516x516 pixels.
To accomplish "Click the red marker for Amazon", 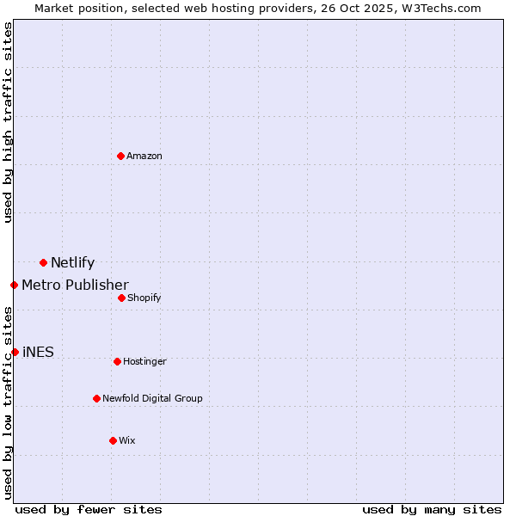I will [x=120, y=156].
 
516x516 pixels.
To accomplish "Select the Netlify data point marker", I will [x=43, y=262].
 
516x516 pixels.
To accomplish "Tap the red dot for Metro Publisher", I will [x=14, y=285].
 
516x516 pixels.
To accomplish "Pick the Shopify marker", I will [x=121, y=298].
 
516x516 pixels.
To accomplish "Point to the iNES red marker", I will [x=15, y=352].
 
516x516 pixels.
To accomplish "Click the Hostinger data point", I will [x=117, y=361].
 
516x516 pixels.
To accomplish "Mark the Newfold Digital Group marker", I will [x=96, y=398].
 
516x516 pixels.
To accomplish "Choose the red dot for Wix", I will [x=113, y=440].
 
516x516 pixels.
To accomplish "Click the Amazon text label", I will [x=144, y=156].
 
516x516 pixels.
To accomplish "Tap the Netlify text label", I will [x=72, y=263].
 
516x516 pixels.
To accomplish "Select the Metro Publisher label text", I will [x=75, y=285].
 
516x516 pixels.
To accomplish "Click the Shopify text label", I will [x=144, y=298].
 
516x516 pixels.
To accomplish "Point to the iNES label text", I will [x=38, y=352].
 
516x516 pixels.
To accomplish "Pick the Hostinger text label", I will [x=144, y=361].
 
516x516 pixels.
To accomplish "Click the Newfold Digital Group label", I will [x=152, y=398].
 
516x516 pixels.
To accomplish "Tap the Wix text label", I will [x=127, y=440].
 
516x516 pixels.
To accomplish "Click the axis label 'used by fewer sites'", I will [x=89, y=509].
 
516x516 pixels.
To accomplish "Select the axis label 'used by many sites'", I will [x=432, y=509].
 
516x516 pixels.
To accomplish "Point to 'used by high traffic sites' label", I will [x=8, y=122].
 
